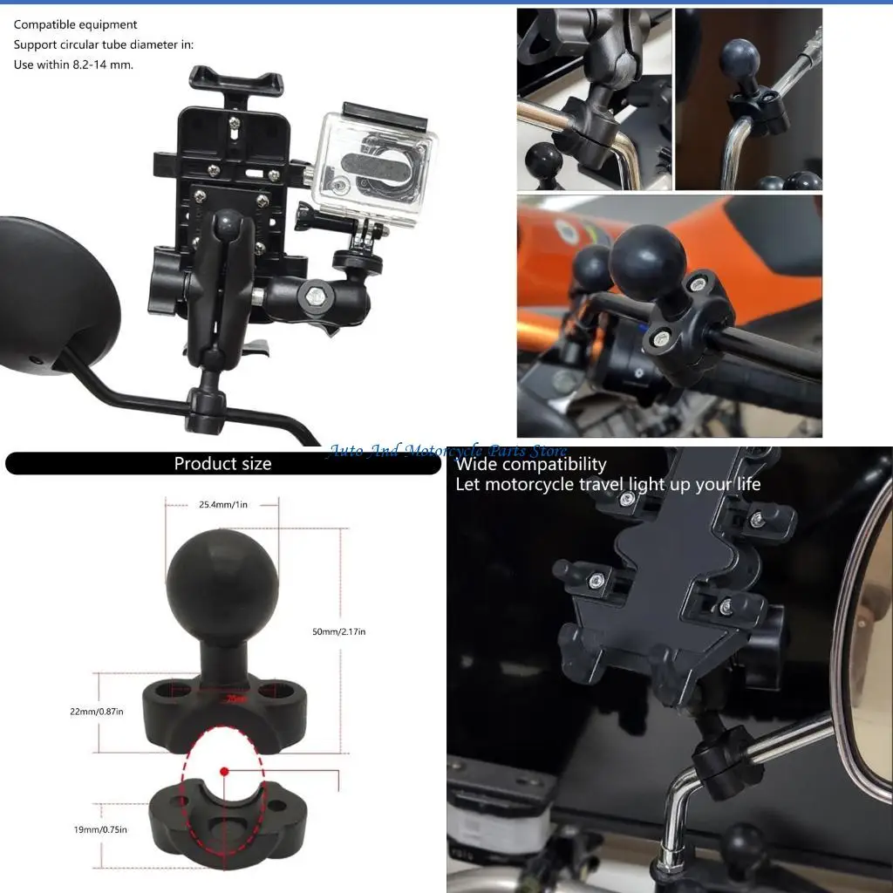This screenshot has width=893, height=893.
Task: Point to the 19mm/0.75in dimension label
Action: point(100,829)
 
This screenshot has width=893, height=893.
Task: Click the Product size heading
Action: point(222,464)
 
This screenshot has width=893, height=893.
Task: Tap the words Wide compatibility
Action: point(530,464)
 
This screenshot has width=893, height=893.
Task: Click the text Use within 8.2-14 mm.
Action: point(73,65)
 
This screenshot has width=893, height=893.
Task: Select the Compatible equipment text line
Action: point(75,24)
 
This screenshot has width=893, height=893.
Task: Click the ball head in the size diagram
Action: point(222,578)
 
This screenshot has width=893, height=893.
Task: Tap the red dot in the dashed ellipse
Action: point(224,771)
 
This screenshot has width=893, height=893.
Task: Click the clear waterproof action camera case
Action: point(372,167)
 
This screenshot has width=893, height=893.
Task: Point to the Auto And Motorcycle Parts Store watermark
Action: point(446,451)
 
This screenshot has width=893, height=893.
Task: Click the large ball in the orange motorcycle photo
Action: point(647,262)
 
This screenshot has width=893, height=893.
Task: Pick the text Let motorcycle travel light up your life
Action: point(608,484)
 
